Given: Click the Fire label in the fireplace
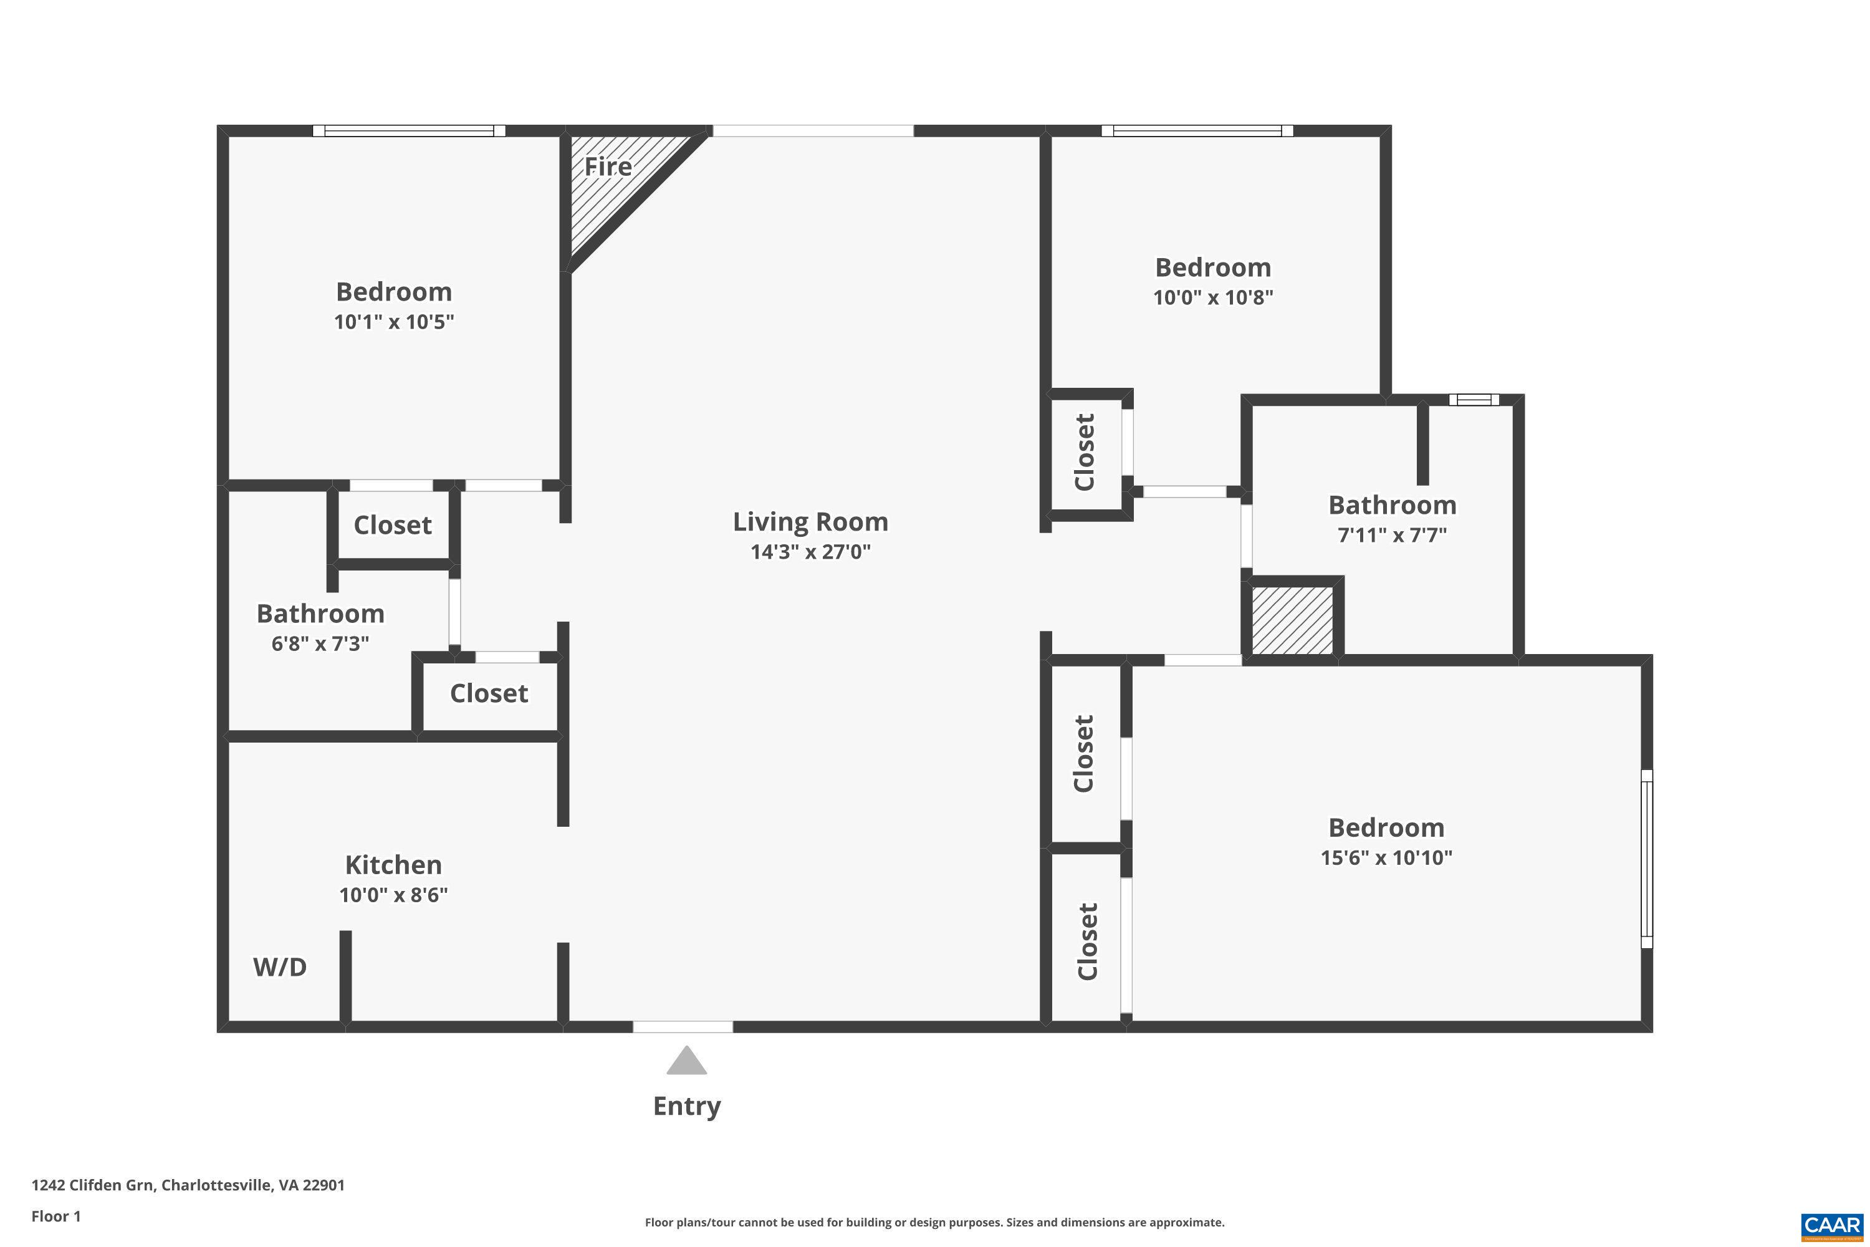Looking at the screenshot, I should (608, 167).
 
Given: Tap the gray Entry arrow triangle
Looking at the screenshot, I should (686, 1062).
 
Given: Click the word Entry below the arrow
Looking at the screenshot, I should (686, 1106).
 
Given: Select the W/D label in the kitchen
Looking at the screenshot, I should (280, 967).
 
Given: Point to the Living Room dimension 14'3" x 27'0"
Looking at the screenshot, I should (810, 552).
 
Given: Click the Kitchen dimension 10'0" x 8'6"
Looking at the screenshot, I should (393, 895).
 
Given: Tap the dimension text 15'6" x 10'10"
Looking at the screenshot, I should (1386, 858).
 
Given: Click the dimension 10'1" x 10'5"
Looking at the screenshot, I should (393, 322).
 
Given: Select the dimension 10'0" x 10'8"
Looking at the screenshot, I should (1212, 297).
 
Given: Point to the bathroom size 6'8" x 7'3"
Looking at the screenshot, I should (320, 643).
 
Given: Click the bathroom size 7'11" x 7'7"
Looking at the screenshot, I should (1391, 535).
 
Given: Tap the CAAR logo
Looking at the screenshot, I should (1833, 1226).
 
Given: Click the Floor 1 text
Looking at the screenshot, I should (55, 1216).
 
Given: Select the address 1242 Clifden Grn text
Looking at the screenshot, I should (188, 1185).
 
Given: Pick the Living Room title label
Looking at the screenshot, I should (810, 522).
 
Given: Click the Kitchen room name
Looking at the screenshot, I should (393, 865).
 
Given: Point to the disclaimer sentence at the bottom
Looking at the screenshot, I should (934, 1222).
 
